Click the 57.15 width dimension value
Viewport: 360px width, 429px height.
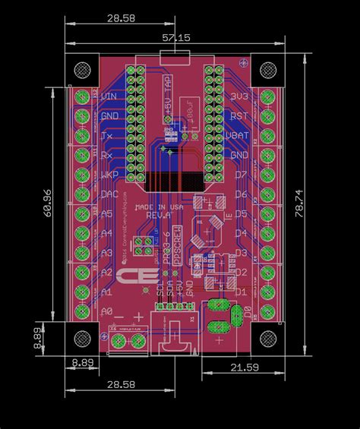point(176,36)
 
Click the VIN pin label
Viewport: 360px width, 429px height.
point(109,96)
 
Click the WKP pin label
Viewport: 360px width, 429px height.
point(108,175)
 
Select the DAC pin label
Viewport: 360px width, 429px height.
point(108,194)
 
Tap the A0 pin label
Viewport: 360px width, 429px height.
point(106,311)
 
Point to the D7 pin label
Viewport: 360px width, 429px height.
point(241,175)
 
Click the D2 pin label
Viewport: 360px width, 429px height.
point(241,272)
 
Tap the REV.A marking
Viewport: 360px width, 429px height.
point(160,216)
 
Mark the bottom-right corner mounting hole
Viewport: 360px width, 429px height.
point(270,340)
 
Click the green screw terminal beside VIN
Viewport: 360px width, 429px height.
point(81,96)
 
